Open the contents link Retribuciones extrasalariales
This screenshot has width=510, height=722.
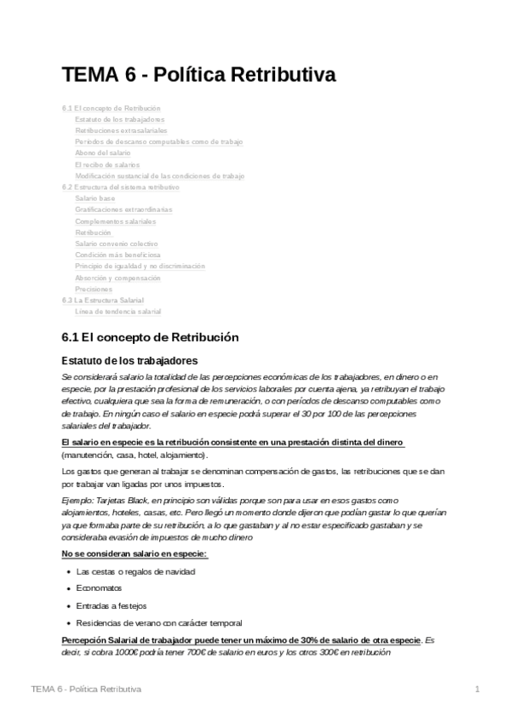click(x=121, y=131)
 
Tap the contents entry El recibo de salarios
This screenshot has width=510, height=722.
click(x=107, y=164)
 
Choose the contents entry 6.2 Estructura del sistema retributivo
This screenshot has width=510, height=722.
click(x=121, y=186)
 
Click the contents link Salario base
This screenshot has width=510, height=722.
click(x=95, y=198)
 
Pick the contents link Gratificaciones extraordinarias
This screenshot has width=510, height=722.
click(x=123, y=209)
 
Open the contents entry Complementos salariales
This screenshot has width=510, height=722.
click(x=116, y=221)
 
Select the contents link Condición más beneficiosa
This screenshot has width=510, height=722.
click(x=117, y=255)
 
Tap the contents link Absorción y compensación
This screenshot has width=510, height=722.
click(x=117, y=278)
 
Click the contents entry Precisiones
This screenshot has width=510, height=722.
click(x=94, y=289)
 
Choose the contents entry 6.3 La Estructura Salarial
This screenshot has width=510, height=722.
click(x=103, y=301)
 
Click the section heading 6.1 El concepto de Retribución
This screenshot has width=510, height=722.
click(x=151, y=337)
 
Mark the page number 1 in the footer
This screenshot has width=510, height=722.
click(x=478, y=688)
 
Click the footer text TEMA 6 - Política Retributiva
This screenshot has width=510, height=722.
click(x=85, y=688)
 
